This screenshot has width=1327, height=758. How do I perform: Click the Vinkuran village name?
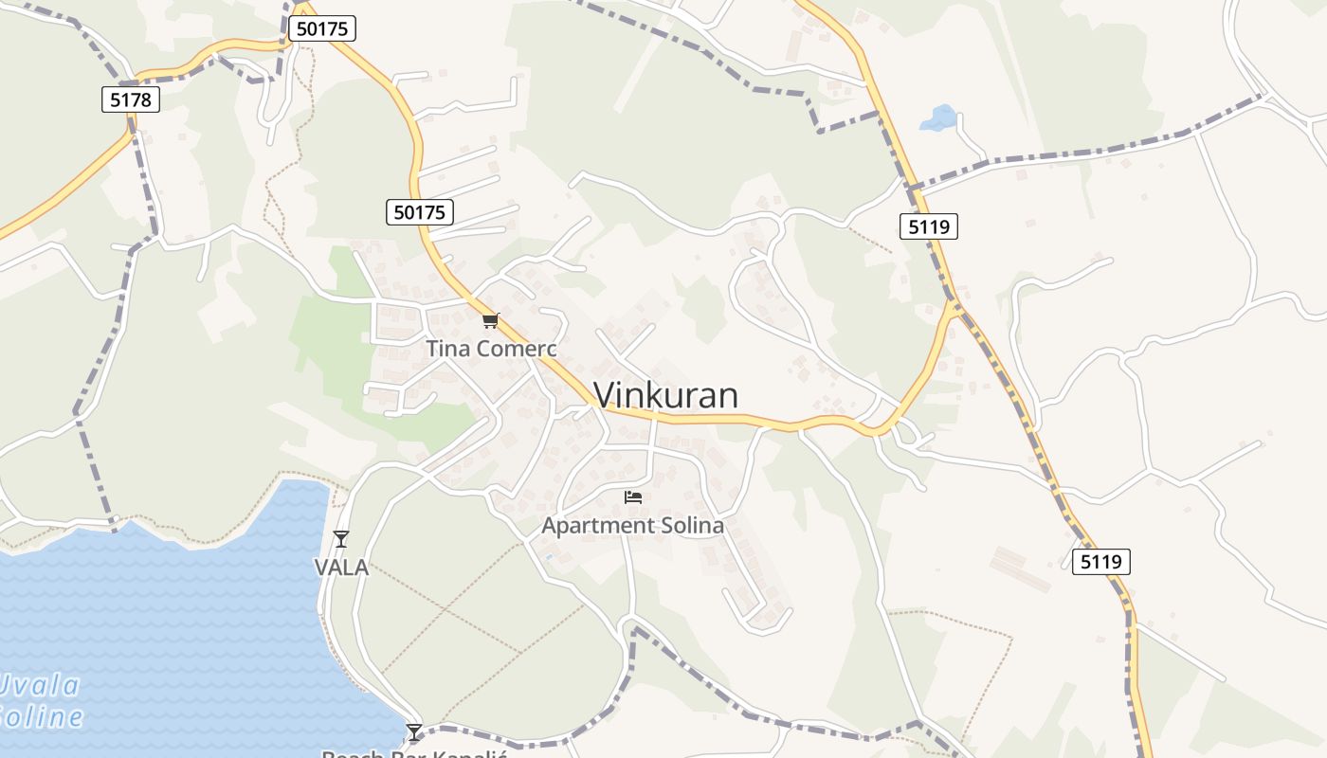tap(665, 395)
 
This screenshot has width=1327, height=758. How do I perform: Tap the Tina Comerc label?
tap(491, 349)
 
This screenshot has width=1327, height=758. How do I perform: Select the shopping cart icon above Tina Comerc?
tap(490, 321)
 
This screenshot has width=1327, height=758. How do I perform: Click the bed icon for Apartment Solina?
tap(633, 496)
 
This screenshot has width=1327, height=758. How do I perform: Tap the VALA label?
tap(341, 568)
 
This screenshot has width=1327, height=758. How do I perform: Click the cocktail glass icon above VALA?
tap(341, 539)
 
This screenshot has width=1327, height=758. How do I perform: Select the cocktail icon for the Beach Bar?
tap(414, 731)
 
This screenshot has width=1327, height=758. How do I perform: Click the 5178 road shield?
tap(131, 99)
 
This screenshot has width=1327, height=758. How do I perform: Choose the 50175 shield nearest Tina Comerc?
tap(420, 212)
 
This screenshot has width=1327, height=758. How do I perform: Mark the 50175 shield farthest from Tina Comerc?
tap(322, 28)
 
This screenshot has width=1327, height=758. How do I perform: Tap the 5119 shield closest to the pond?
tap(928, 226)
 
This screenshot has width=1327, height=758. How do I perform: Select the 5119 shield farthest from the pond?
tap(1101, 562)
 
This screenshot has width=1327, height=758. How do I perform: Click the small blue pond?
tap(939, 118)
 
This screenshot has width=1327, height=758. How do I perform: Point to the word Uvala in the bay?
tap(40, 684)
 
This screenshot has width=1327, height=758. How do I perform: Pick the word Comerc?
tap(517, 349)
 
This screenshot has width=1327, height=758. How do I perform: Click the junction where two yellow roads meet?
tap(954, 306)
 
